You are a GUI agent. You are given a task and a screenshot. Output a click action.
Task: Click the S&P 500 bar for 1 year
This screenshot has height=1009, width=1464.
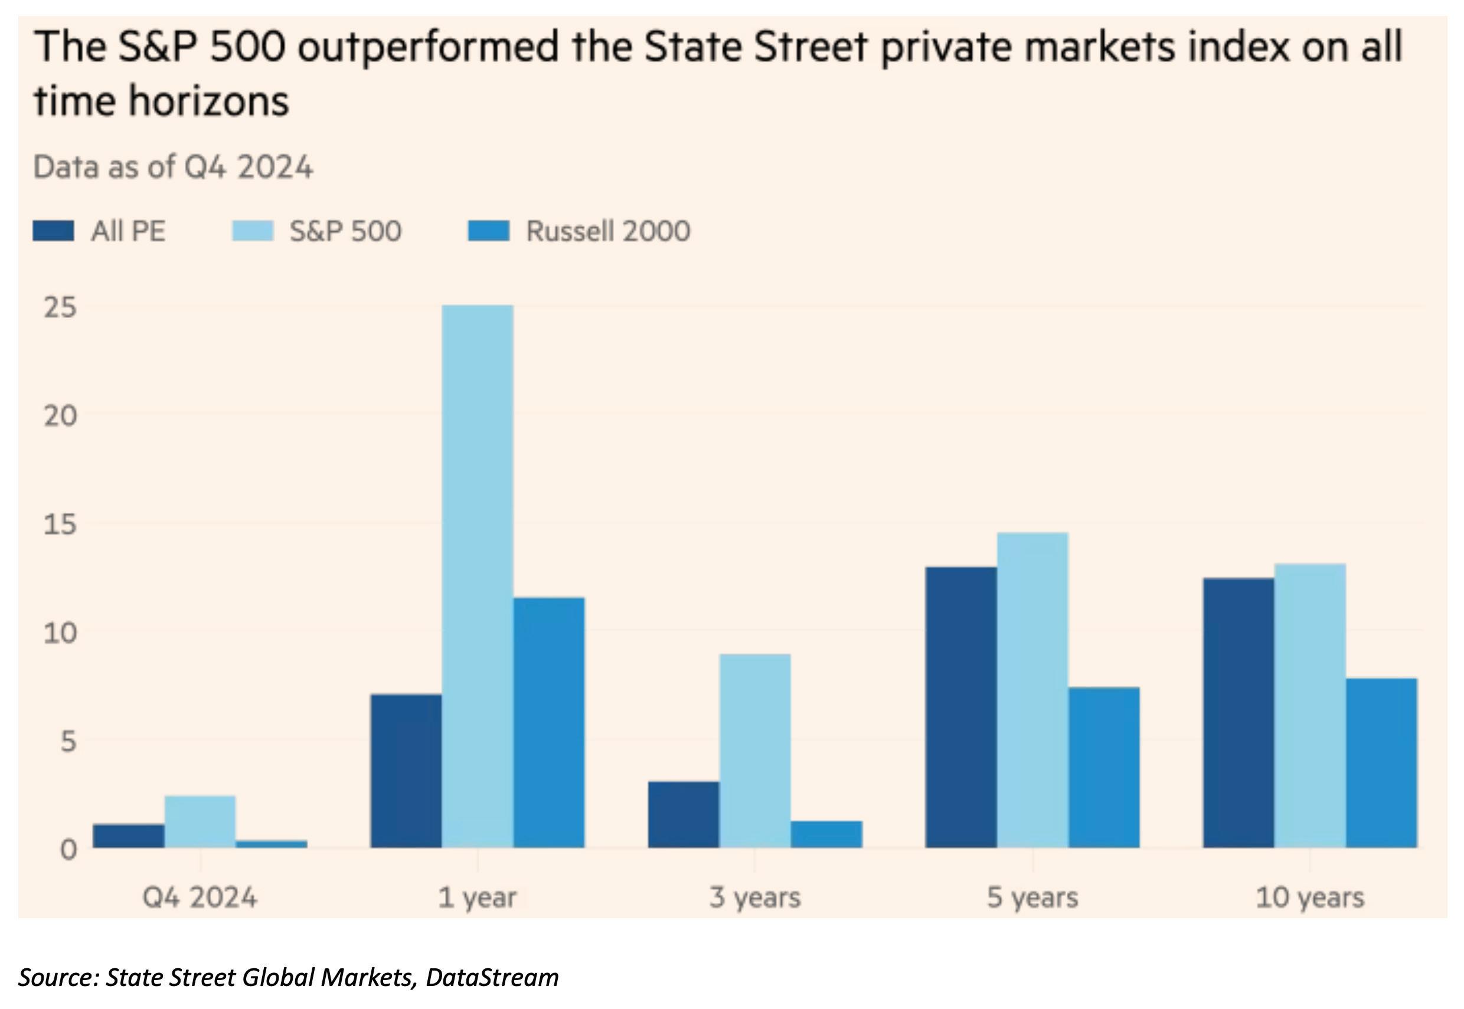(478, 576)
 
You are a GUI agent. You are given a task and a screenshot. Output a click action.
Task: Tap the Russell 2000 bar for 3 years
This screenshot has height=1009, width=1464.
(826, 834)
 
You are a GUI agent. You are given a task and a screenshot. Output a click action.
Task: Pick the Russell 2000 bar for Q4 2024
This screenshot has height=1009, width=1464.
(272, 844)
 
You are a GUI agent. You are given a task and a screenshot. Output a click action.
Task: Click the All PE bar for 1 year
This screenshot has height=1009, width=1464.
(406, 771)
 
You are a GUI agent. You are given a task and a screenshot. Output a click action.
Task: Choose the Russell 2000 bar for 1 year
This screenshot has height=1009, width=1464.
(549, 722)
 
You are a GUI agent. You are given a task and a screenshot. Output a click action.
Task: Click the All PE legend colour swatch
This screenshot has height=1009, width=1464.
(53, 231)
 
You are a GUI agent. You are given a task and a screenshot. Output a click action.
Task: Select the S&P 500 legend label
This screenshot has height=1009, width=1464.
(345, 231)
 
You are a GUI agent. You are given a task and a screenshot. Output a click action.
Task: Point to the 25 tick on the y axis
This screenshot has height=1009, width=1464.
(60, 308)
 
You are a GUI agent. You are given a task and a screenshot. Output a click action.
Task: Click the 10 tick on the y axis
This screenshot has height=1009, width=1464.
(60, 632)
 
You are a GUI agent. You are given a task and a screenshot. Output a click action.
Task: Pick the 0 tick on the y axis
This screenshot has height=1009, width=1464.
(68, 850)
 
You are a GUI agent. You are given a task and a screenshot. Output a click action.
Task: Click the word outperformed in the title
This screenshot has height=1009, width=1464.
(428, 48)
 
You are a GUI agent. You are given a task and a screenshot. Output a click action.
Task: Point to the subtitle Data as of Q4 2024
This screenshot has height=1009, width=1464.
(172, 168)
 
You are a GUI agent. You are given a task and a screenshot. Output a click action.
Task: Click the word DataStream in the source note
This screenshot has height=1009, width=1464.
(492, 977)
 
